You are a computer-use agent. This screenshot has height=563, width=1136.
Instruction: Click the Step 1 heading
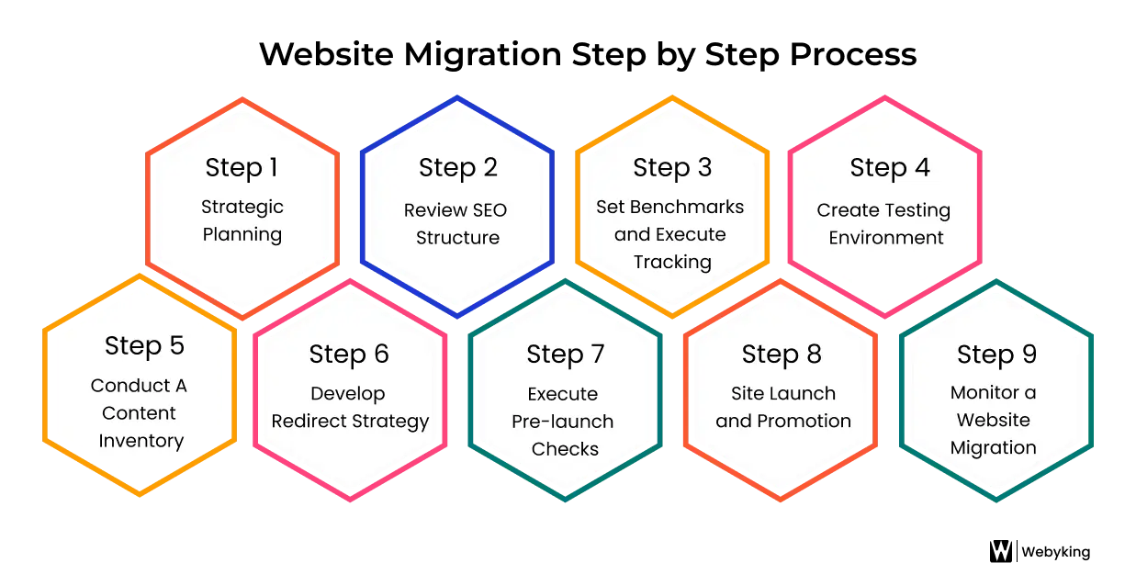click(x=242, y=168)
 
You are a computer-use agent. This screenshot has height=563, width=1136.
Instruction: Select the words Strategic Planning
click(x=242, y=220)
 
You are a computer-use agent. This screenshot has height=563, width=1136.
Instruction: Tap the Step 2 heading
click(x=457, y=168)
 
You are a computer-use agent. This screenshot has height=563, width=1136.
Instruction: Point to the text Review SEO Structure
click(x=456, y=223)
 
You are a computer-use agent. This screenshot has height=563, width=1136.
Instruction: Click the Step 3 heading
click(x=672, y=168)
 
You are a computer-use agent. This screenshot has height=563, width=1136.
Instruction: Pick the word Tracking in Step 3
click(x=672, y=262)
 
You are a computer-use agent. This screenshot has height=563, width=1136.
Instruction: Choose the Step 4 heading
click(x=889, y=168)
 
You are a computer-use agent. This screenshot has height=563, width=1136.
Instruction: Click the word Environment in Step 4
click(x=885, y=238)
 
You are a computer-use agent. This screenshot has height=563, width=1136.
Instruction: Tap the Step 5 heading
click(x=144, y=345)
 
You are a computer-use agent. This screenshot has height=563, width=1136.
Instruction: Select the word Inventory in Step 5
click(x=141, y=441)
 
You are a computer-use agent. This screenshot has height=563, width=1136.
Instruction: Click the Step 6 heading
click(x=349, y=354)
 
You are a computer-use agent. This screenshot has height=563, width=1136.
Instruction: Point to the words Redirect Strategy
click(x=351, y=422)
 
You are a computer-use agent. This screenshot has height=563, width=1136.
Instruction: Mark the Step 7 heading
click(x=566, y=354)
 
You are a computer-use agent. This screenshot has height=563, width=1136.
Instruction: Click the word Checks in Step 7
click(x=565, y=449)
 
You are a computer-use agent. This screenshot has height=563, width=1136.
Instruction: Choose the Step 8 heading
click(x=782, y=354)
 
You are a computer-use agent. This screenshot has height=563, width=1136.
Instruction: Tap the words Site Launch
click(x=783, y=394)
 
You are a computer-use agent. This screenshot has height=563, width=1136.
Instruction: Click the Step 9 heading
click(x=996, y=354)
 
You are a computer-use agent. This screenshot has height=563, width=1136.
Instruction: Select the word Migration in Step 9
click(x=993, y=448)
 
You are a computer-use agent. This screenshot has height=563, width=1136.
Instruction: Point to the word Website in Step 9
click(x=993, y=421)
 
